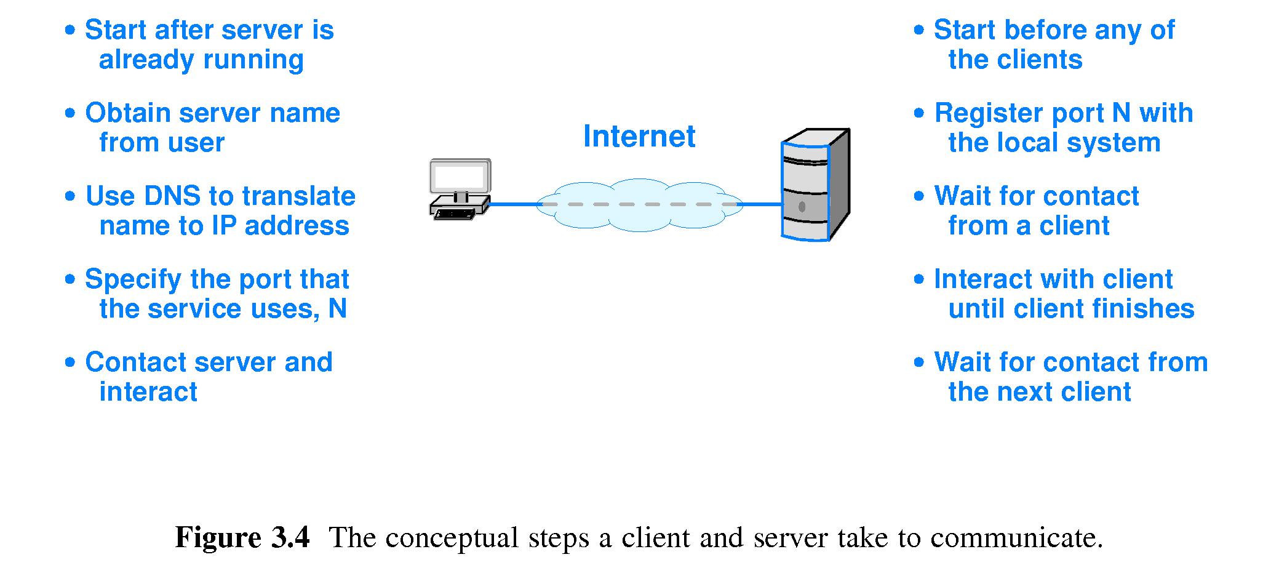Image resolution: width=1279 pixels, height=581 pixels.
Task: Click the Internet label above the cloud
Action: [639, 136]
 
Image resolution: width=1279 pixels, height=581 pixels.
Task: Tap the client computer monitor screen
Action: [460, 176]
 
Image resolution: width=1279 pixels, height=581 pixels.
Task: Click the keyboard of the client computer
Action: [455, 214]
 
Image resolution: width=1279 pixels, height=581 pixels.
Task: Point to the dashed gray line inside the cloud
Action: [640, 204]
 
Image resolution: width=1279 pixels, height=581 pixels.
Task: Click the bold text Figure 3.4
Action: [242, 537]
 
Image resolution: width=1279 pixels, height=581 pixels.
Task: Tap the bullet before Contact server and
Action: [70, 363]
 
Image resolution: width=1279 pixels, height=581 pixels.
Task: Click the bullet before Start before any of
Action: [919, 30]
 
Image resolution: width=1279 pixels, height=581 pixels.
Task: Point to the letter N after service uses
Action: [337, 309]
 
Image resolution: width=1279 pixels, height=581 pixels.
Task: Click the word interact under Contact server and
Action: [148, 392]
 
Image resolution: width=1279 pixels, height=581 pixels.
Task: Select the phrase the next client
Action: [1039, 392]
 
